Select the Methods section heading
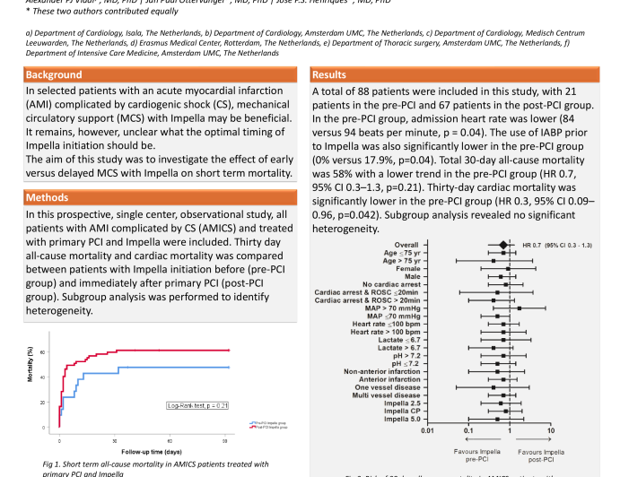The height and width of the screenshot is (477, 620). [48, 197]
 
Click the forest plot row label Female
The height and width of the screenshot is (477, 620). [406, 268]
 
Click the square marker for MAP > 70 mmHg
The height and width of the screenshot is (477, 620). [520, 308]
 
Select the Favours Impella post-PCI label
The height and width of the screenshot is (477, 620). [542, 455]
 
